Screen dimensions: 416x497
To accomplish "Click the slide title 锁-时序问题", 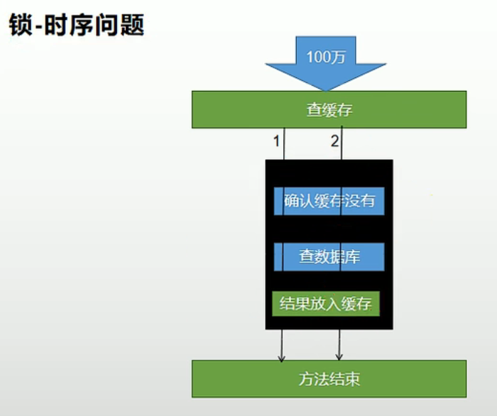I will point(76,25).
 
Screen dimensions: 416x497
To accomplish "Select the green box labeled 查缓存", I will point(329,109).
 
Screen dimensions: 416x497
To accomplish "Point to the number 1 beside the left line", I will point(276,141).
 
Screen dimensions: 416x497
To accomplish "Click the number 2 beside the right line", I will point(334,141).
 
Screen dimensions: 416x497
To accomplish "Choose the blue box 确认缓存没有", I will point(329,201).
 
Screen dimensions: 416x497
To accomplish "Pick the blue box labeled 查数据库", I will point(329,256).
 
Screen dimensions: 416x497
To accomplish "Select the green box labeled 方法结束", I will point(329,378).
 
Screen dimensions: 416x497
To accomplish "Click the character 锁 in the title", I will point(19,25).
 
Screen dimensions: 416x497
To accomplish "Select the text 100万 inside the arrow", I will point(327,57).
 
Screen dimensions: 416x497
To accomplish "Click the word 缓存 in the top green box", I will point(337,110).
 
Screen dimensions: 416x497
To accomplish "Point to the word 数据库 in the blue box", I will point(337,256).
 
